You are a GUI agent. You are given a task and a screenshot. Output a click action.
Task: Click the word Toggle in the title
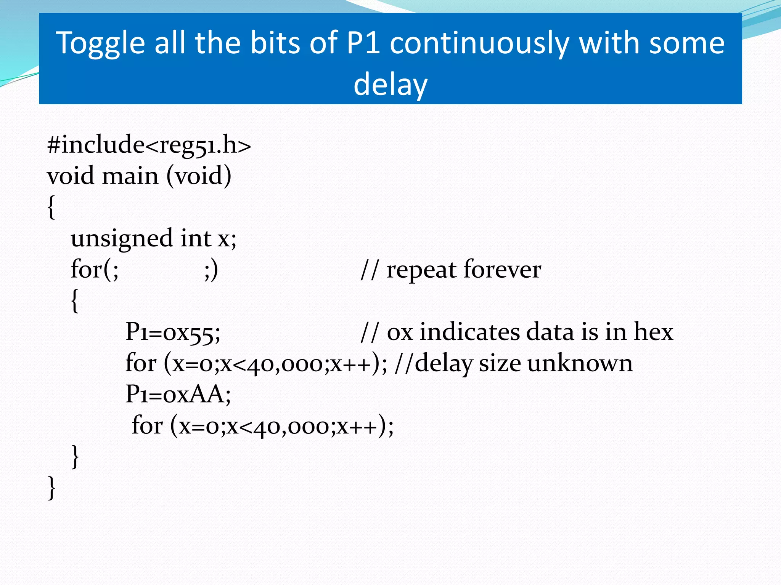(100, 44)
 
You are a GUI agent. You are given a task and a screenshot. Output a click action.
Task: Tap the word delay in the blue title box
(390, 85)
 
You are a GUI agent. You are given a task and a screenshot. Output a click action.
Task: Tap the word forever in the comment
(502, 270)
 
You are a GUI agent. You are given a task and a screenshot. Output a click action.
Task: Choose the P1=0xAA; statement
(178, 394)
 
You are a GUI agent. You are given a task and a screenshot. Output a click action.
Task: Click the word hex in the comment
(653, 332)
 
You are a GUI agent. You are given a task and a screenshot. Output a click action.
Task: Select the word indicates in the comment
(469, 332)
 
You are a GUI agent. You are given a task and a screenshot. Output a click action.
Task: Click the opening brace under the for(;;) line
(75, 301)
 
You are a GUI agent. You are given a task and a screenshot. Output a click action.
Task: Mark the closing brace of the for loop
(75, 457)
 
